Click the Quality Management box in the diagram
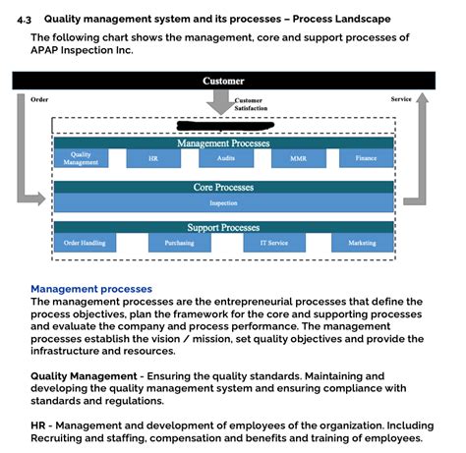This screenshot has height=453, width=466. click(82, 158)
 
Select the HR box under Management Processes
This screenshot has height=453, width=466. click(151, 158)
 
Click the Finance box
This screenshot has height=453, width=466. click(366, 158)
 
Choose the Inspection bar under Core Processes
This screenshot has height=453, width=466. click(223, 202)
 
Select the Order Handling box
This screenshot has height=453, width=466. click(85, 243)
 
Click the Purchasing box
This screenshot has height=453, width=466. click(178, 243)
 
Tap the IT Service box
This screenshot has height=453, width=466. click(272, 243)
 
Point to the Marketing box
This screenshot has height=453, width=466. click(362, 243)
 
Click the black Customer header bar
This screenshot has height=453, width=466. click(223, 81)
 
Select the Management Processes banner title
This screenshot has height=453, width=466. click(223, 143)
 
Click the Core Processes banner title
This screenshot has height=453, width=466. click(223, 187)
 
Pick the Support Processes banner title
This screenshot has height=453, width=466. click(223, 228)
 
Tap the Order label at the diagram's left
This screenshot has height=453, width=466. click(40, 99)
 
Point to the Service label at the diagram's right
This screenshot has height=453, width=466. click(401, 99)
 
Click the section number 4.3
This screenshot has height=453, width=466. click(25, 19)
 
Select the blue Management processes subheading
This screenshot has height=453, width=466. click(91, 289)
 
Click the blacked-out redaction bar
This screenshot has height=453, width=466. click(222, 125)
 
